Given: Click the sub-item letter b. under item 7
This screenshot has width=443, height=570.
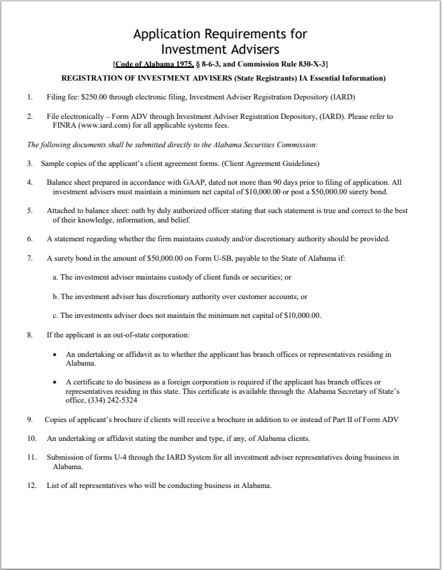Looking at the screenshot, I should [x=54, y=296].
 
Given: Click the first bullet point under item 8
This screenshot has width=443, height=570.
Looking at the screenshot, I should [x=54, y=354].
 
